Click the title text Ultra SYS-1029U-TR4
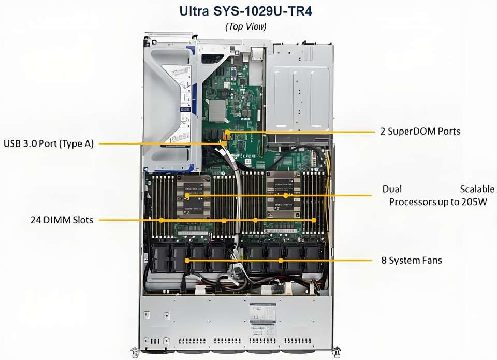pyautogui.click(x=246, y=11)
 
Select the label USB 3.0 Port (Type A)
pyautogui.click(x=49, y=143)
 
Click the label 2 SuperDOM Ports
pyautogui.click(x=420, y=132)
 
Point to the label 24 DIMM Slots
pyautogui.click(x=62, y=220)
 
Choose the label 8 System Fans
pyautogui.click(x=412, y=260)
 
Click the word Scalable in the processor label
pyautogui.click(x=477, y=189)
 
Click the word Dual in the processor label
pyautogui.click(x=392, y=189)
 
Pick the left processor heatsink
pyautogui.click(x=193, y=195)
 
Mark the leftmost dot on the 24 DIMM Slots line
pyautogui.click(x=162, y=220)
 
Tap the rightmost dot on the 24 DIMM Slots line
pyautogui.click(x=314, y=220)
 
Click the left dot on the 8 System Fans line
pyautogui.click(x=187, y=260)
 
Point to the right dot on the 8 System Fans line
pyautogui.click(x=281, y=260)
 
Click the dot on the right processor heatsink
pyautogui.click(x=285, y=196)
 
